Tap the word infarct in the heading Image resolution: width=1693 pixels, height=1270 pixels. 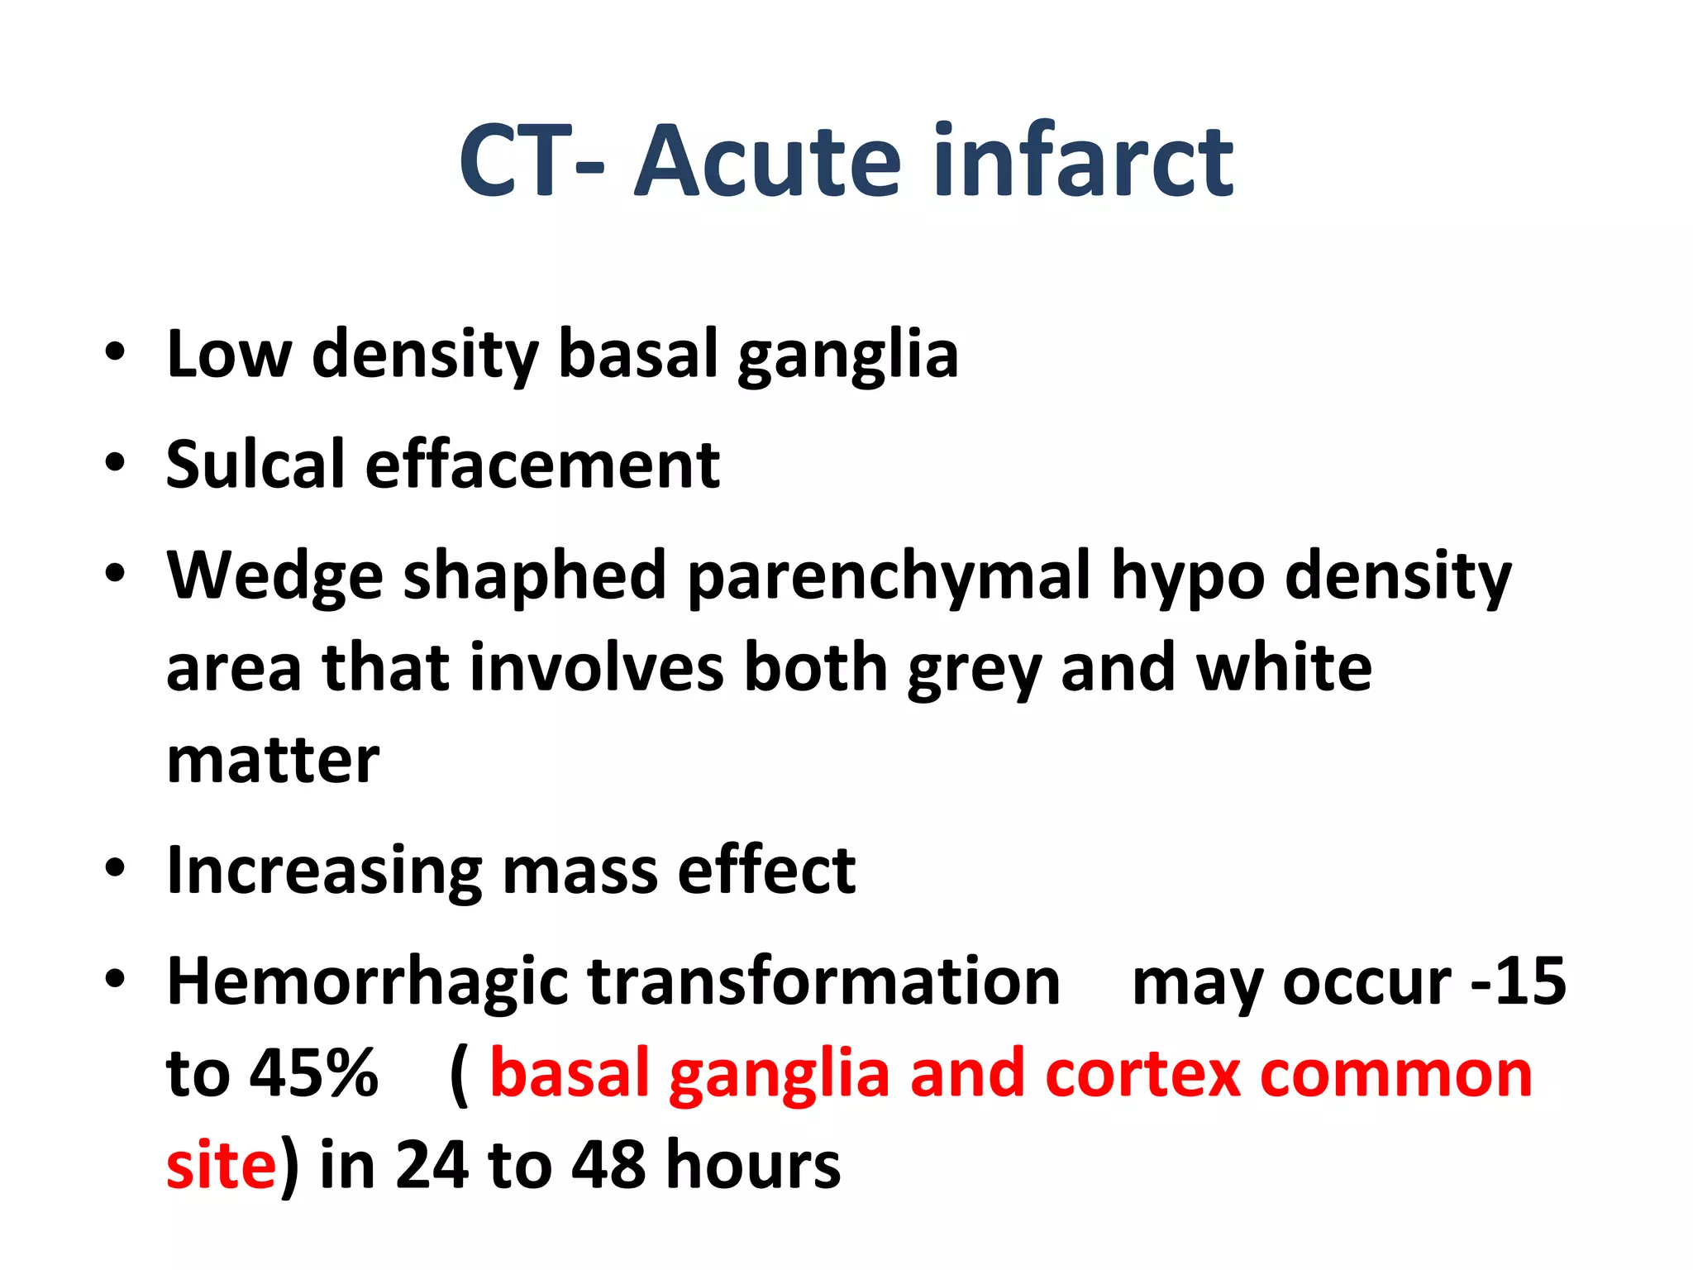coord(1083,161)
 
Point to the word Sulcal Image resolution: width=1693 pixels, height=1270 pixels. coord(255,465)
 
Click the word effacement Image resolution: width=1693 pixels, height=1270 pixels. coord(542,465)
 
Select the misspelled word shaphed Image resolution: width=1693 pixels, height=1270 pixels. coord(535,576)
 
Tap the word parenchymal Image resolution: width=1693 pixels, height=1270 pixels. coord(889,576)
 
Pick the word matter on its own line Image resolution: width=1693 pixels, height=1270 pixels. coord(273,761)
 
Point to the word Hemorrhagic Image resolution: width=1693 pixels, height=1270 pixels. coord(367,982)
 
